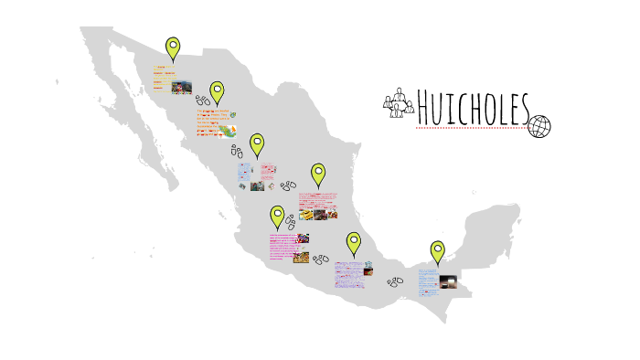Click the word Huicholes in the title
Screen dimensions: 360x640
point(473,110)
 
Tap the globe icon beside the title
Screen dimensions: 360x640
point(540,126)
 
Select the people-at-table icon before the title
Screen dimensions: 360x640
point(398,104)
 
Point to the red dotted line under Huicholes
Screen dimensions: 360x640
point(471,129)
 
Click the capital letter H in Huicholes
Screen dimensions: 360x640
point(426,110)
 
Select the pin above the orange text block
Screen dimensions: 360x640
point(217,92)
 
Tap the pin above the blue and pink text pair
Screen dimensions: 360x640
point(258,144)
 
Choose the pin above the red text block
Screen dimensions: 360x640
point(318,174)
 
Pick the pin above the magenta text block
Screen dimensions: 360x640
point(277,217)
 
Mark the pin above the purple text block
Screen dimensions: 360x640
point(354,243)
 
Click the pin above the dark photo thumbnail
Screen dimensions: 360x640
point(438,251)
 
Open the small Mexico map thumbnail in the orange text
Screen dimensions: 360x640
point(232,115)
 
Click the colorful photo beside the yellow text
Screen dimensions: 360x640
point(182,87)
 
